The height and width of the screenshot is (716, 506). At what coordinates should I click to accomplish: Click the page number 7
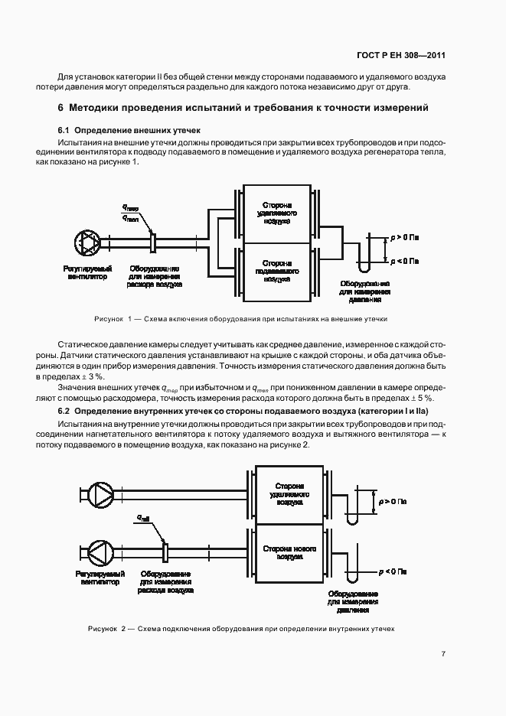click(x=443, y=653)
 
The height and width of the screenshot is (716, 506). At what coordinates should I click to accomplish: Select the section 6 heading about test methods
click(x=243, y=108)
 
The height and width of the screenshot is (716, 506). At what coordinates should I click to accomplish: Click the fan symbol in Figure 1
click(x=87, y=243)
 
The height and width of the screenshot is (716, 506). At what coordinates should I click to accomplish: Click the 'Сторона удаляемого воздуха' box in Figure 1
click(x=276, y=214)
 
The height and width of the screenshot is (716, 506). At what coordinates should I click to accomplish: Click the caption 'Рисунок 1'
click(x=242, y=317)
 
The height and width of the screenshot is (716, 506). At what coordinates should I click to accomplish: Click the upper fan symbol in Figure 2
click(x=100, y=491)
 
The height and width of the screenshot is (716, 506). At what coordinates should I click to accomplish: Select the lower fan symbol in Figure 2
click(x=100, y=549)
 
